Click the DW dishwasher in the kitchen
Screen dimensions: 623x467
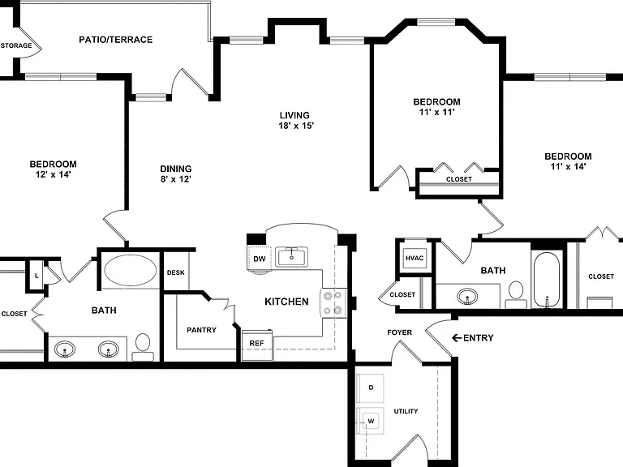point(260,259)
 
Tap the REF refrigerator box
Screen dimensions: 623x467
point(257,344)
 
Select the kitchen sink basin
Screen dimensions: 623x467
point(292,257)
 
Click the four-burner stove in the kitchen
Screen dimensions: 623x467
point(333,302)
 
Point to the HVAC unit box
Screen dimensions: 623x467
point(415,258)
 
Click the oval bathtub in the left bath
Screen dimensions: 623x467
point(130,270)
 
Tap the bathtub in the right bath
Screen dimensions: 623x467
point(547,280)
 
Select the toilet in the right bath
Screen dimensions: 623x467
point(516,294)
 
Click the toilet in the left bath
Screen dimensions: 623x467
point(143,346)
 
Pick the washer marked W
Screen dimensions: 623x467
point(370,421)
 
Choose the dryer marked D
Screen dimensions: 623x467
point(370,388)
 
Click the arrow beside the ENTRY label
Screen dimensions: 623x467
point(457,338)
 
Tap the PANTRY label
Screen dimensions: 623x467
point(201,330)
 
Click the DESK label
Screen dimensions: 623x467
point(175,272)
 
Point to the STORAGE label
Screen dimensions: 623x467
point(16,45)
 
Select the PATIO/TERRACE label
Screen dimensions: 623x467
point(116,40)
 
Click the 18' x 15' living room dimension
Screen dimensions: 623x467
point(296,126)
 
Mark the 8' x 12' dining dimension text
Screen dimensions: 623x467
point(175,179)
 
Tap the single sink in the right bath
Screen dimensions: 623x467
point(467,296)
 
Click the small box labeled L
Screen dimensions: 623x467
point(37,275)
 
